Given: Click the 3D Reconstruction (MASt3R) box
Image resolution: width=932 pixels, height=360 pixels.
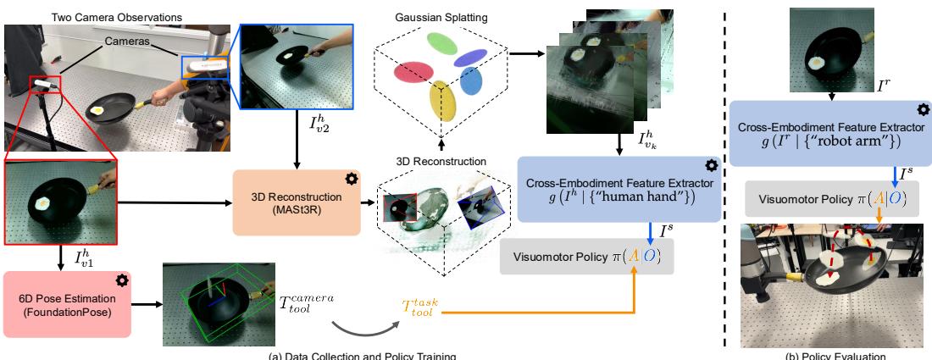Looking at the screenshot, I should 297,202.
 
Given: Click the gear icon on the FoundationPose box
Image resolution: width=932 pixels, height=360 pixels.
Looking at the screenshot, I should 123,279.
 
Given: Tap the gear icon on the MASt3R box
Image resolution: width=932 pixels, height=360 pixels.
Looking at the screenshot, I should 350,179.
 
